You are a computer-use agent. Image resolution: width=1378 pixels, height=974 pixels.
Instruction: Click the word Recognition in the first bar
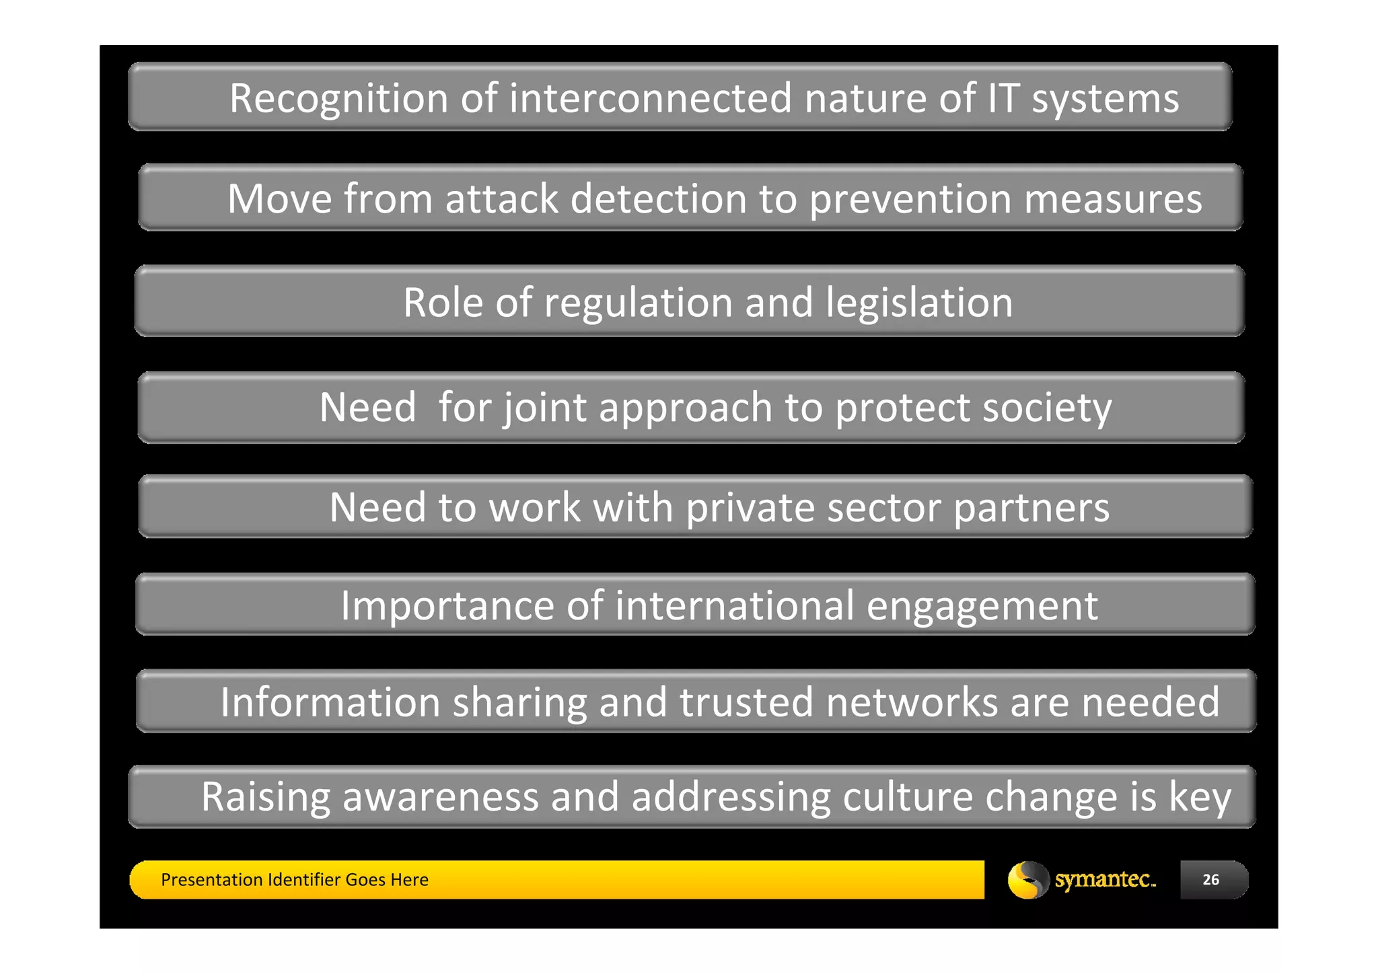pyautogui.click(x=338, y=99)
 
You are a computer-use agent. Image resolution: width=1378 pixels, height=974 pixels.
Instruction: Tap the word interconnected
pyautogui.click(x=651, y=98)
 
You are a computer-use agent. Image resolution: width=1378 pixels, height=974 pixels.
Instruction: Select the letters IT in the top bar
pyautogui.click(x=1003, y=98)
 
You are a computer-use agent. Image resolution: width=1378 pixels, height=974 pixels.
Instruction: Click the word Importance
pyautogui.click(x=446, y=605)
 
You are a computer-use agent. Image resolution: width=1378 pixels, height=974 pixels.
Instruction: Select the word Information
pyautogui.click(x=330, y=702)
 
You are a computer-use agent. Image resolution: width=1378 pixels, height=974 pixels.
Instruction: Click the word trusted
pyautogui.click(x=746, y=702)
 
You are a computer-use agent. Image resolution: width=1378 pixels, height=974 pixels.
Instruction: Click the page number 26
pyautogui.click(x=1210, y=880)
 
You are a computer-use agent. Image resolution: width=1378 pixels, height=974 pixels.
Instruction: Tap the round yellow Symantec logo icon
pyautogui.click(x=1027, y=880)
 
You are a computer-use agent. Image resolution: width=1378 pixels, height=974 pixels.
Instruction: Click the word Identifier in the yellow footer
pyautogui.click(x=303, y=880)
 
